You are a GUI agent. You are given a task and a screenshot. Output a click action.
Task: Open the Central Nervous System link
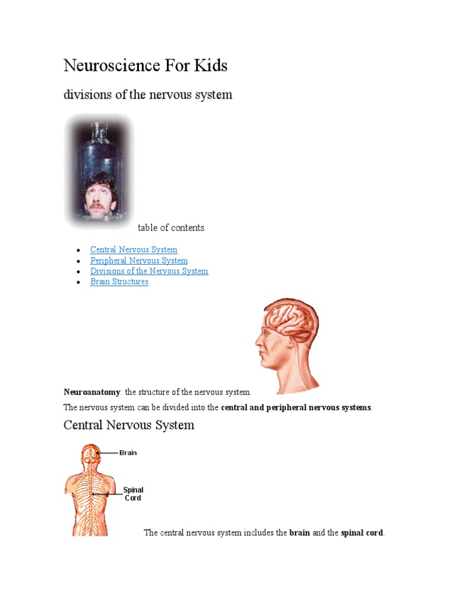(x=134, y=250)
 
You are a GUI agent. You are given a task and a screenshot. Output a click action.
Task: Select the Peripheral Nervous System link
(x=139, y=261)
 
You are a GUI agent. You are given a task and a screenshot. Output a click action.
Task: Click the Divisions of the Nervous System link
(x=149, y=271)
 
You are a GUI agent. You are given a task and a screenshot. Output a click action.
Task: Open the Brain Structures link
(x=119, y=282)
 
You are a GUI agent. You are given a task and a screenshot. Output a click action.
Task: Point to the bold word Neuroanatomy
(x=91, y=392)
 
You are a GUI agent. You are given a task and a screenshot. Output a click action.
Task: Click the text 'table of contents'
(x=171, y=228)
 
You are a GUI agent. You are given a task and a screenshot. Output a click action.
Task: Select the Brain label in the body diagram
(x=128, y=452)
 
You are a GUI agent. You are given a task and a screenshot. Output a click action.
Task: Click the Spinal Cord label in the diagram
(x=133, y=494)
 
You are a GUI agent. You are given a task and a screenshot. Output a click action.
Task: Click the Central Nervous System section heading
(x=129, y=425)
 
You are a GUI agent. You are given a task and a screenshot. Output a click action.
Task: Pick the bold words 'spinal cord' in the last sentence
(x=362, y=533)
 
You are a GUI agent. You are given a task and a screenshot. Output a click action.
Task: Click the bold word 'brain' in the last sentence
(x=299, y=533)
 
